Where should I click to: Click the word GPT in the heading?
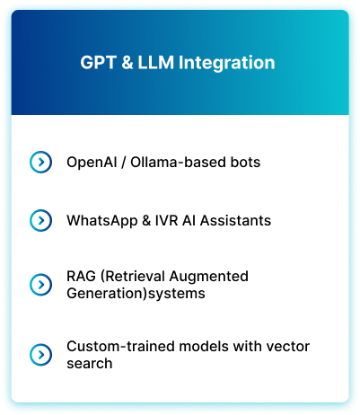pos(98,62)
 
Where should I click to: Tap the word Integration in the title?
pos(226,63)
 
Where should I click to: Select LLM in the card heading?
pos(156,62)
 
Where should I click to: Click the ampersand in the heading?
pos(127,62)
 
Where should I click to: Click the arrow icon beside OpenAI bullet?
pos(40,162)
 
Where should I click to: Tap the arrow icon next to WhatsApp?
pos(40,220)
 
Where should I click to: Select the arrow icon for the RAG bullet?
pos(40,285)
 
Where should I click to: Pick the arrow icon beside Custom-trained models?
pos(40,355)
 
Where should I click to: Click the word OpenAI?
pos(92,162)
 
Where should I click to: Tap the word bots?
pos(245,162)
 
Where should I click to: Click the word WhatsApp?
pos(102,221)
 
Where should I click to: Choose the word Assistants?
pos(235,220)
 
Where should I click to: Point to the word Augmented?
pos(208,277)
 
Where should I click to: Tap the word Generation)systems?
pos(136,294)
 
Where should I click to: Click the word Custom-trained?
pos(120,347)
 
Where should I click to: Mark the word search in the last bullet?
pos(90,364)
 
